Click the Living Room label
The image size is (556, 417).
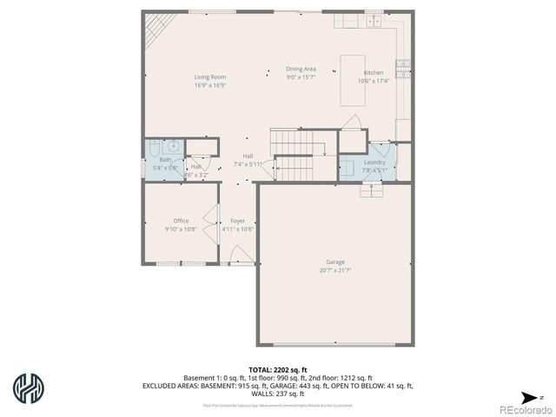(209, 76)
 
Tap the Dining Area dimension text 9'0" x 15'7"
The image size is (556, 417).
(301, 76)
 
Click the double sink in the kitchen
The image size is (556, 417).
(374, 19)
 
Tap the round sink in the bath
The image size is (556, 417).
(173, 147)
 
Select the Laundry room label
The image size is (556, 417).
(374, 162)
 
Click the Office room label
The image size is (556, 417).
(181, 221)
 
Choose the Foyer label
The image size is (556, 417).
(237, 221)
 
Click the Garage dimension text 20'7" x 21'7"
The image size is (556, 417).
(335, 270)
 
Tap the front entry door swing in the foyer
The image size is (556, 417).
(241, 255)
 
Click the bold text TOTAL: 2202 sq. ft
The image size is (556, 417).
(278, 370)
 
